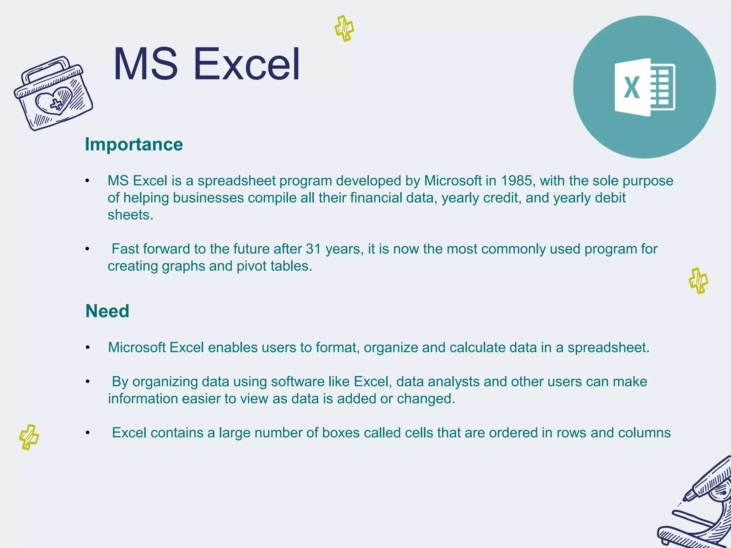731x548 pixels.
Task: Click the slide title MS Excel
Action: pyautogui.click(x=206, y=64)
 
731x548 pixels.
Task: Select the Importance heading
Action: pyautogui.click(x=134, y=144)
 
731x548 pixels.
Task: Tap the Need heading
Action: pyautogui.click(x=107, y=311)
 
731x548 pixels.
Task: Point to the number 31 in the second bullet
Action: pyautogui.click(x=313, y=249)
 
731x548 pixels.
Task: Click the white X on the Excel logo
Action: pyautogui.click(x=631, y=87)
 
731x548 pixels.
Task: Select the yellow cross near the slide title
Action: pyautogui.click(x=344, y=29)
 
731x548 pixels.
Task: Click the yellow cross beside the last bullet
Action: pyautogui.click(x=29, y=437)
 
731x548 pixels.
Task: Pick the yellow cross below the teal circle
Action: pyautogui.click(x=698, y=281)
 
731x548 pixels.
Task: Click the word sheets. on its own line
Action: pyautogui.click(x=130, y=215)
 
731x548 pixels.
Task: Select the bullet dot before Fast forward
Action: pyautogui.click(x=87, y=249)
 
